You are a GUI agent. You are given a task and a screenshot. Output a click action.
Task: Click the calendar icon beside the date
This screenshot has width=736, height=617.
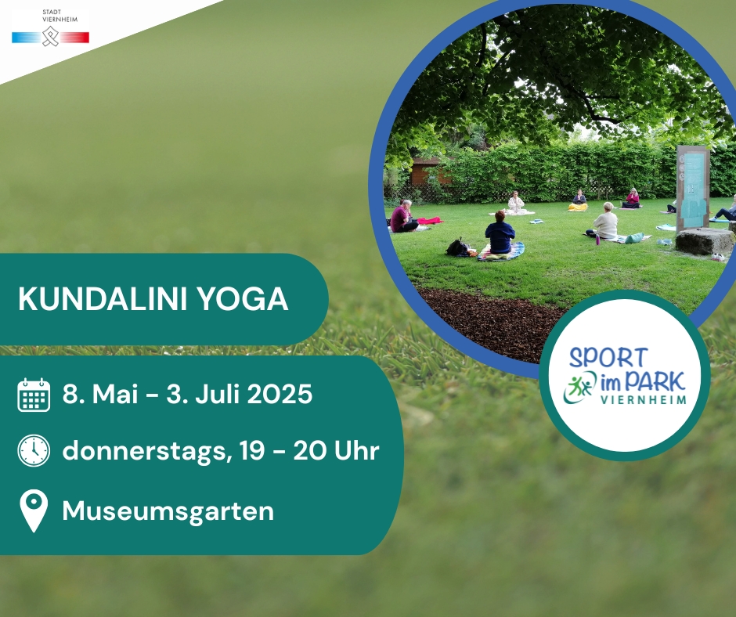tap(34, 395)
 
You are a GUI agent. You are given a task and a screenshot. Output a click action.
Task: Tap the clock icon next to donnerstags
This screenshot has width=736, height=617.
tap(34, 451)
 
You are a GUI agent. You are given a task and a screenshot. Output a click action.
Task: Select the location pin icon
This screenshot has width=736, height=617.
tap(34, 511)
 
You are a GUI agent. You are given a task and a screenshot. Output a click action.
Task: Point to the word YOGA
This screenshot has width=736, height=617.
tap(242, 298)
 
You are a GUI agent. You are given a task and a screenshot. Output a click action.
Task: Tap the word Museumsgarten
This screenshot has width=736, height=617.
tap(168, 511)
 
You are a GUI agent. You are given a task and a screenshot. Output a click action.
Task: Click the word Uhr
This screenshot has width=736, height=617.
tap(356, 450)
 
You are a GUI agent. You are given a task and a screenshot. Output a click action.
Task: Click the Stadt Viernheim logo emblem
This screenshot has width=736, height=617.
tap(50, 37)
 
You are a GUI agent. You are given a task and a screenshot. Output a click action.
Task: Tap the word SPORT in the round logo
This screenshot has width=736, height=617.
tap(608, 358)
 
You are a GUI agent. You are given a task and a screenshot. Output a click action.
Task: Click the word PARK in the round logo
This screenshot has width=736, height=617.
tap(655, 382)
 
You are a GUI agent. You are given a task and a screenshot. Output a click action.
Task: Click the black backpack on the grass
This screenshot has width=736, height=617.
tap(456, 247)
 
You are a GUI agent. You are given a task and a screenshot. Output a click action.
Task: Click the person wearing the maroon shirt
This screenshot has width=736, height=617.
tap(402, 217)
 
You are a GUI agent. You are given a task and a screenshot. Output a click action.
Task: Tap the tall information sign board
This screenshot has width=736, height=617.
tap(692, 188)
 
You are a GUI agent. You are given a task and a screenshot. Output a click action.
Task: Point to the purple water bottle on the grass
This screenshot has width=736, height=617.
tap(597, 240)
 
